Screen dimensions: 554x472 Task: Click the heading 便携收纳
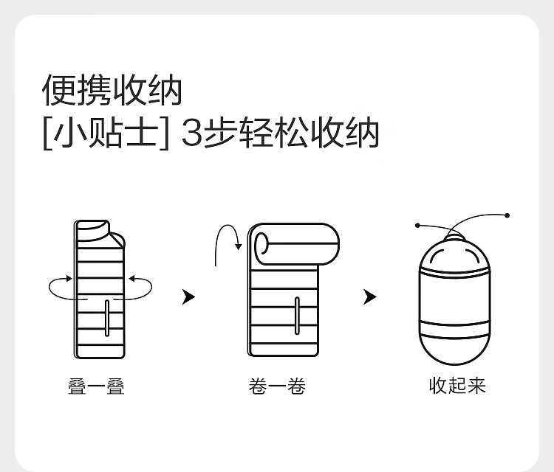(x=112, y=90)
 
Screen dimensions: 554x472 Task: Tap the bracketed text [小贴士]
(x=106, y=133)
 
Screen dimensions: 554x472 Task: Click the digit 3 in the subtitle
(x=191, y=133)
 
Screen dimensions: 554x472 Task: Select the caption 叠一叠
(x=97, y=386)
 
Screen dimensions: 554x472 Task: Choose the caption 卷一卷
(x=277, y=386)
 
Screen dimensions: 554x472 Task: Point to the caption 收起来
(x=457, y=385)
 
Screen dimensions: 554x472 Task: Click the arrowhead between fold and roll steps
(x=188, y=296)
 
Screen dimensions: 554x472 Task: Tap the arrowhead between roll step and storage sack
(x=370, y=296)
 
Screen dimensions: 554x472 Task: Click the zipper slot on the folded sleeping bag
(x=107, y=318)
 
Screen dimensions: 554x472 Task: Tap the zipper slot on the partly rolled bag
(x=297, y=316)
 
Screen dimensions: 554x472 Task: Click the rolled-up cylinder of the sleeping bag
(x=297, y=244)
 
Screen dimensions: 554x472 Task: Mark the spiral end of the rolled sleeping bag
(x=261, y=243)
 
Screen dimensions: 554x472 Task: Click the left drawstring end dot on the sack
(x=417, y=225)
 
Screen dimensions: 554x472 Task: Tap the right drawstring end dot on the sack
(x=507, y=215)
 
